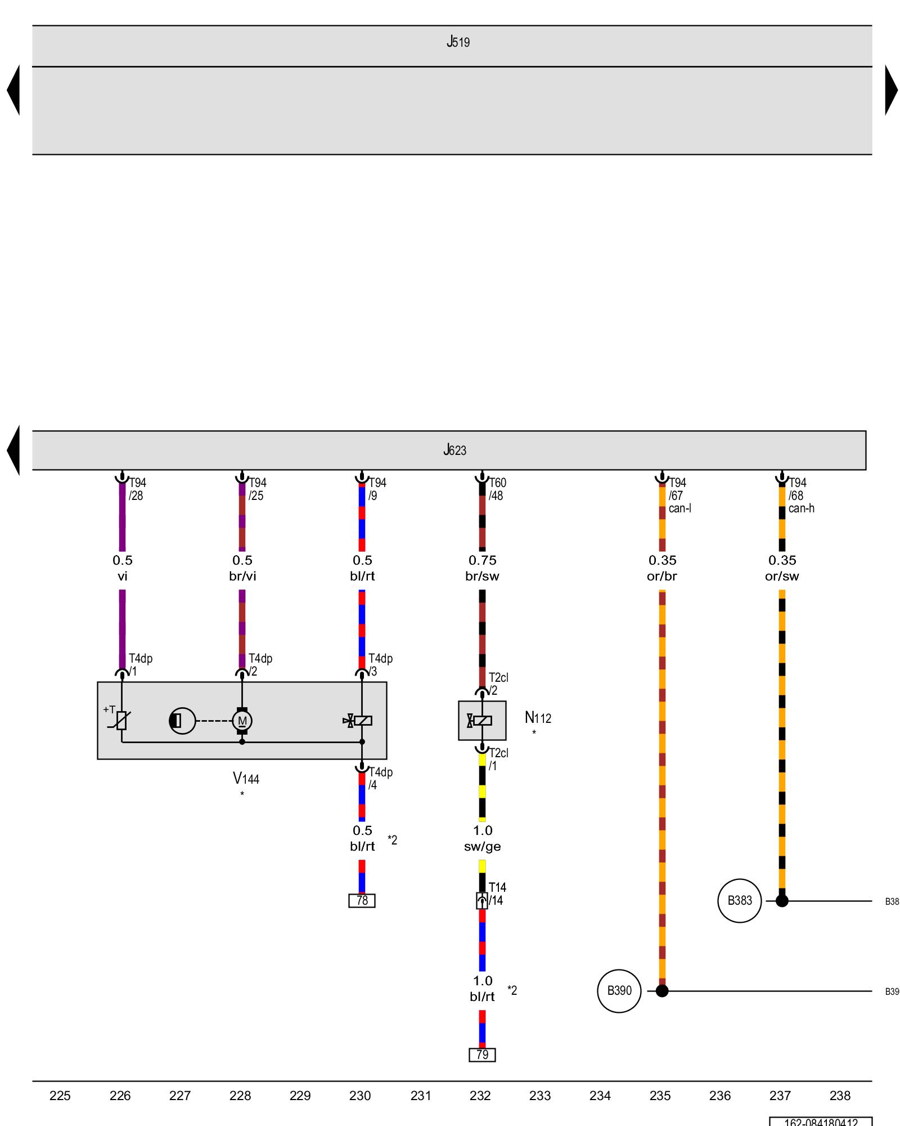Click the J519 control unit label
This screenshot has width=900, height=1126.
point(458,42)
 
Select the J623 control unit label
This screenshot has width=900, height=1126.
point(454,450)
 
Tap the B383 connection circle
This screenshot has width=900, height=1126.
point(739,900)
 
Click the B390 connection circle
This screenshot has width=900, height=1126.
point(619,990)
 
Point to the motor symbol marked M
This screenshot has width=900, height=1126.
point(242,721)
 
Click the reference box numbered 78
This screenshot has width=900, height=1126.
point(362,900)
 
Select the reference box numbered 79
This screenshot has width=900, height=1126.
point(482,1054)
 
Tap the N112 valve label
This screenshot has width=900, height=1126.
point(538,718)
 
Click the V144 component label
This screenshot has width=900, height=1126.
point(246,779)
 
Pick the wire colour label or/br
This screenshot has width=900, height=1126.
point(662,576)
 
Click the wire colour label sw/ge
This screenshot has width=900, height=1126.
point(482,846)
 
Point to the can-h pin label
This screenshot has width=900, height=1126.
point(801,508)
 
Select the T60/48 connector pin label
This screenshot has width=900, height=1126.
point(497,489)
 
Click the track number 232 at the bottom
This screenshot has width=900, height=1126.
point(480,1095)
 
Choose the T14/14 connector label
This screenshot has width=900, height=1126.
point(497,893)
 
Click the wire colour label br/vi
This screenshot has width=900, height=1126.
point(242,576)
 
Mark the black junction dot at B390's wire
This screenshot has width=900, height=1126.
point(662,990)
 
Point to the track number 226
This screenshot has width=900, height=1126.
point(120,1095)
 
